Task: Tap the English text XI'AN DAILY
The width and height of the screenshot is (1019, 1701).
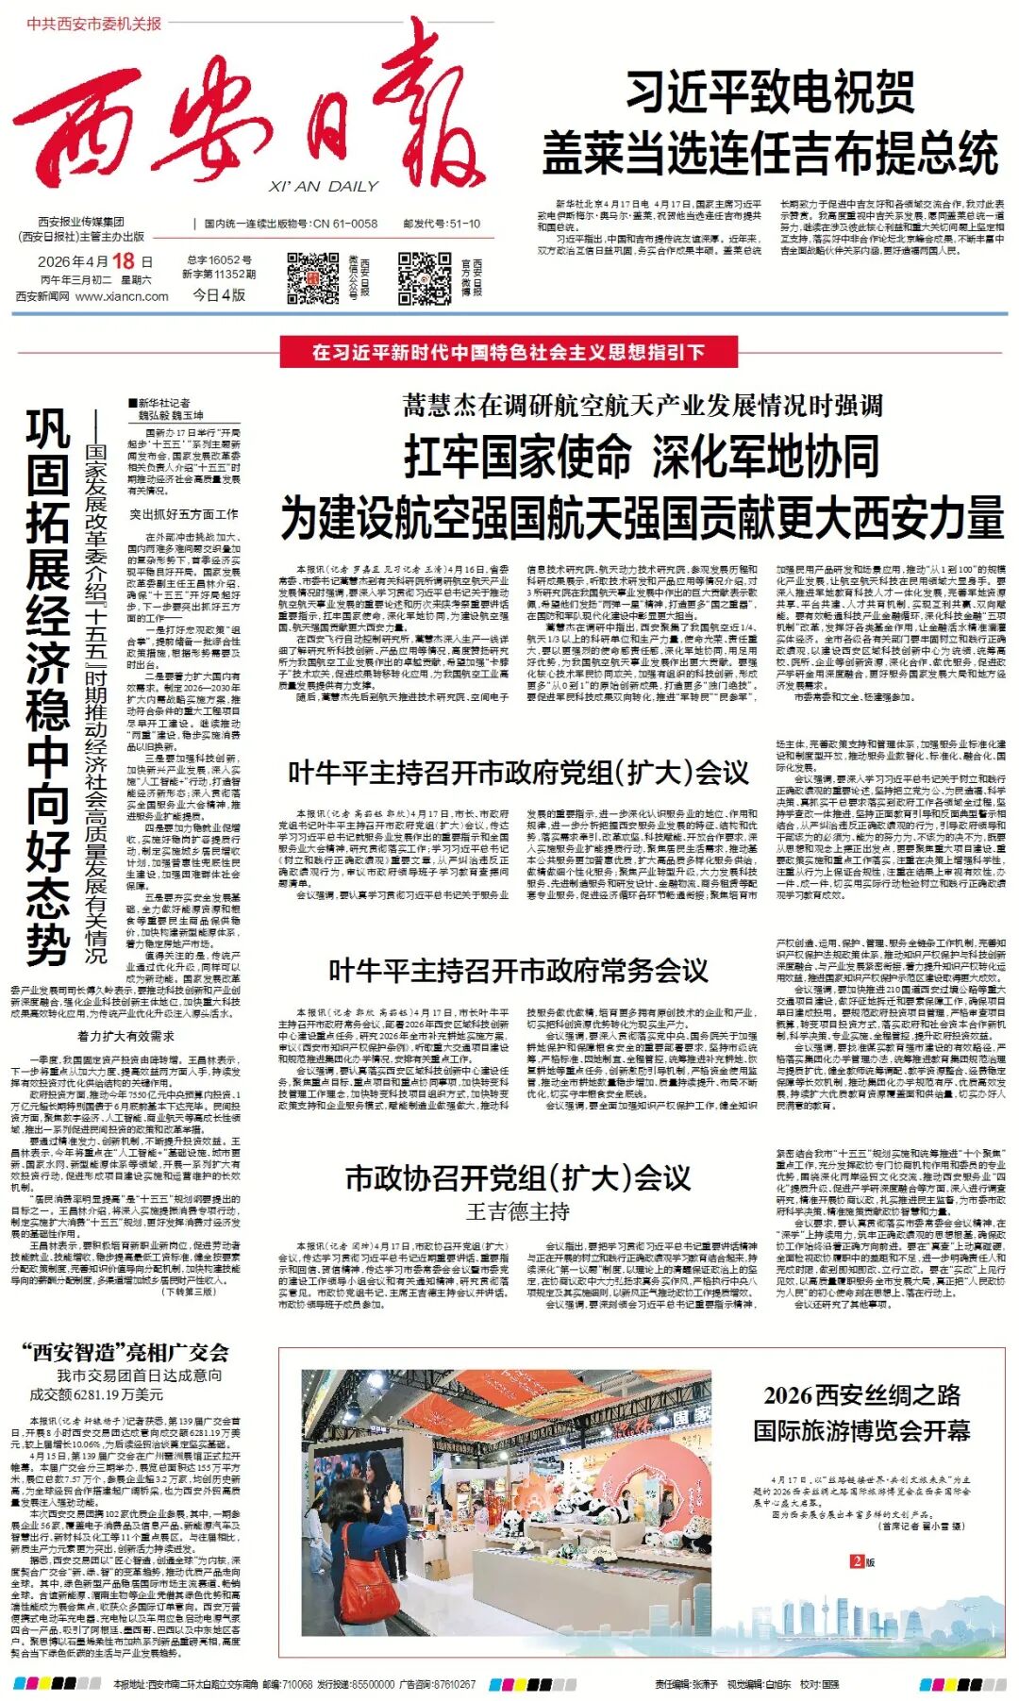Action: coord(323,187)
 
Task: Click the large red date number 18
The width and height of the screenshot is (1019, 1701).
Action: coord(123,261)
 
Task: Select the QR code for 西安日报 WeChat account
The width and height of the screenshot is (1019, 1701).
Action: coord(312,277)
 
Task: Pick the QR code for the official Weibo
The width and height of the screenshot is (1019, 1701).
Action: coord(424,277)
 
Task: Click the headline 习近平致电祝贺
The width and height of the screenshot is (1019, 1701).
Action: coord(770,92)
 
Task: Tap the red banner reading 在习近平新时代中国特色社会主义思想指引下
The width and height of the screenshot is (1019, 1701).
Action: coord(509,353)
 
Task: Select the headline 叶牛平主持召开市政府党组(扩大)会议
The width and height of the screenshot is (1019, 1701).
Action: coord(518,773)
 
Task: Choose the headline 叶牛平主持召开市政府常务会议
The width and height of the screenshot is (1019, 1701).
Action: coord(518,971)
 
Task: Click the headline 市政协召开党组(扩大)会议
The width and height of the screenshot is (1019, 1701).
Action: coord(518,1178)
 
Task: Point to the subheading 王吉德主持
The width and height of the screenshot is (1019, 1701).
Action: coord(518,1212)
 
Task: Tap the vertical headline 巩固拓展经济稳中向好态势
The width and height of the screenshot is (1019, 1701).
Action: coord(48,689)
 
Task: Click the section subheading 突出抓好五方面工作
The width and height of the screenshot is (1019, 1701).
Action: coord(184,515)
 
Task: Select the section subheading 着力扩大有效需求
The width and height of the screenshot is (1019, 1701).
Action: coord(125,1036)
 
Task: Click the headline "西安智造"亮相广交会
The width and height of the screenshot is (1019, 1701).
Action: coord(125,1352)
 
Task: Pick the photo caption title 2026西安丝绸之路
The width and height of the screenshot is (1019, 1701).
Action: coord(861,1395)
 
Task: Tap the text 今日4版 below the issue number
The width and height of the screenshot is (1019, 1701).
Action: coord(219,295)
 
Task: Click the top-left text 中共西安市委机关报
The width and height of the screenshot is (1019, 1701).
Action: coord(94,24)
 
